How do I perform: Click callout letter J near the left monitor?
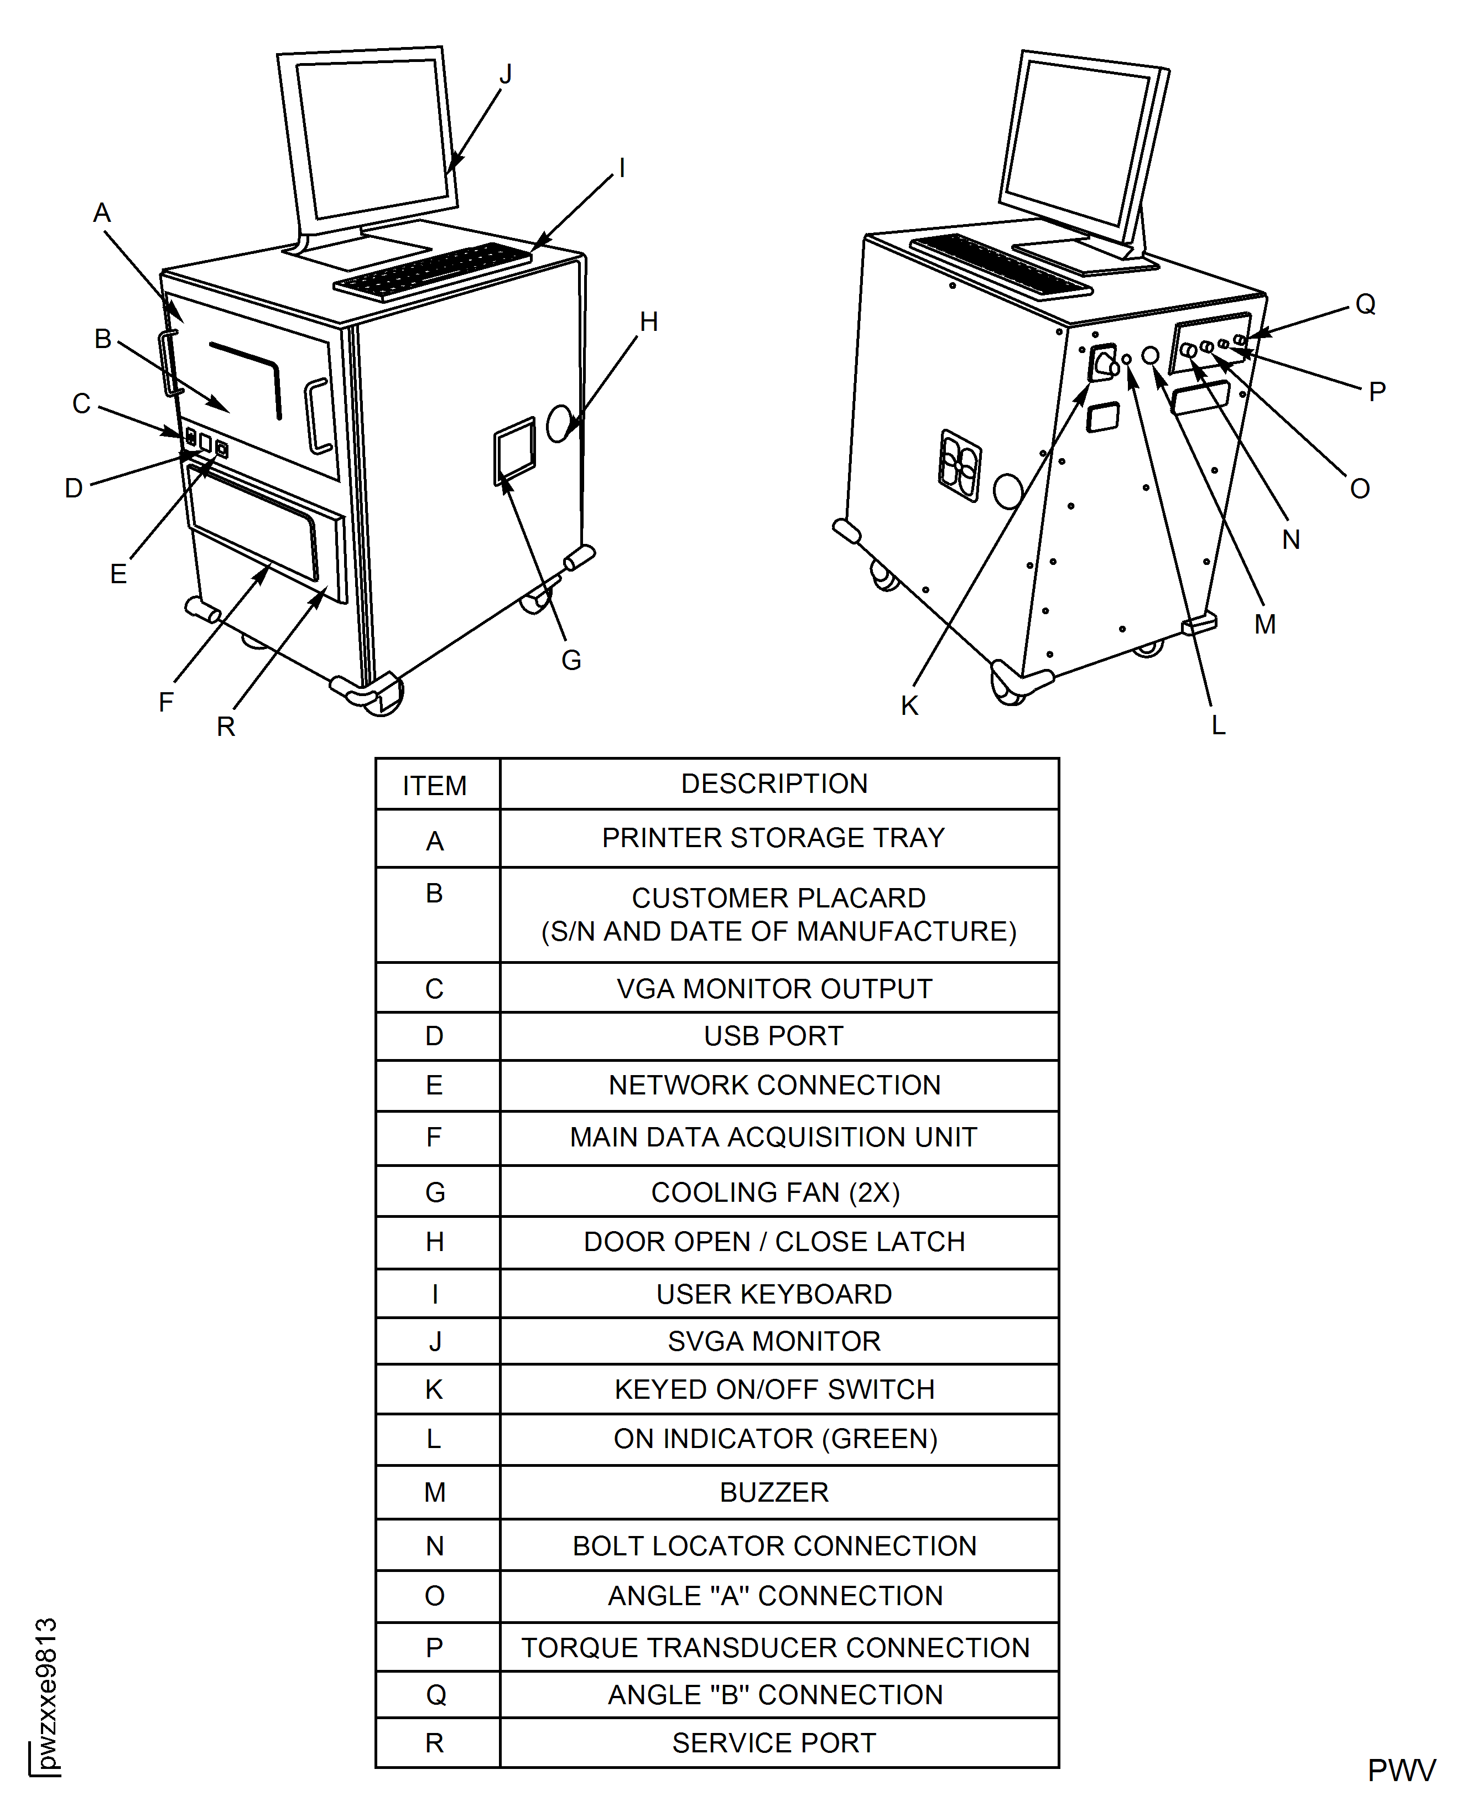tap(505, 75)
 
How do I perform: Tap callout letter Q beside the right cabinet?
tap(1365, 304)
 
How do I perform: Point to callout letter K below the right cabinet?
tap(909, 706)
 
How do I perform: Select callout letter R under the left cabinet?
tap(226, 726)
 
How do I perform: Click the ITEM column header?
tap(435, 786)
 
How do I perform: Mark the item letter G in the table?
tap(435, 1193)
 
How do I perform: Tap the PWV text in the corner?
tap(1401, 1771)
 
